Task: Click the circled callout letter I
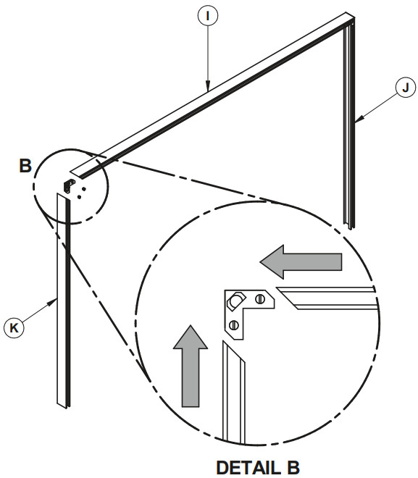point(208,16)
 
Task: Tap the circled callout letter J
point(406,88)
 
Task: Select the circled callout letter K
point(14,327)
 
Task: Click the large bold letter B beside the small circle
point(25,166)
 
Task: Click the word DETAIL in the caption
point(248,467)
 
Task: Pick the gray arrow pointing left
point(301,262)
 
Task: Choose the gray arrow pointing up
point(191,366)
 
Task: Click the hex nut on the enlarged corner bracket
point(235,301)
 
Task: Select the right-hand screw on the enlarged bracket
point(259,299)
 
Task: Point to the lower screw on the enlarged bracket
point(234,325)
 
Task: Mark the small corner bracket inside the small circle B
point(69,185)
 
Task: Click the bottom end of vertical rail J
point(350,227)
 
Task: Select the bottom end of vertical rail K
point(64,406)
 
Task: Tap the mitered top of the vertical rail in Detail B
point(234,352)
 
